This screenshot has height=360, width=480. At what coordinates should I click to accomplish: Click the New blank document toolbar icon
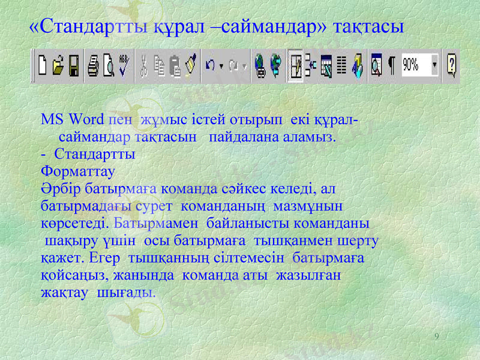click(x=43, y=64)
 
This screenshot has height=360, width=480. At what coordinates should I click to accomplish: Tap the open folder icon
click(x=58, y=64)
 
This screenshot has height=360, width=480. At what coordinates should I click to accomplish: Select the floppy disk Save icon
click(x=74, y=64)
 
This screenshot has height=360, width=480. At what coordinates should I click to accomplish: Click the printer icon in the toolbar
click(x=94, y=64)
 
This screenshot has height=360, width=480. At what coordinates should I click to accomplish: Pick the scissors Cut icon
click(x=145, y=64)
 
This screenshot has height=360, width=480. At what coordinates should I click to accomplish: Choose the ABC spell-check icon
click(x=124, y=64)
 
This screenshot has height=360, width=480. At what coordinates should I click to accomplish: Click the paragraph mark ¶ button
click(x=391, y=64)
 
